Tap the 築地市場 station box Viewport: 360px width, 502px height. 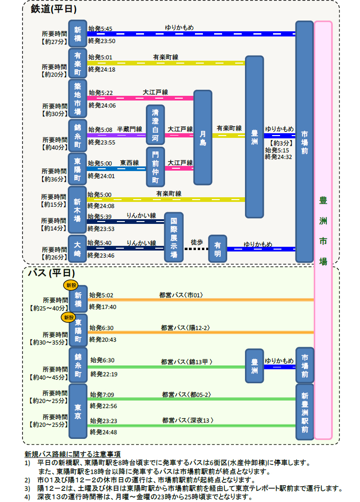click(x=78, y=99)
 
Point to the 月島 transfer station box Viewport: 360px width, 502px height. click(x=202, y=137)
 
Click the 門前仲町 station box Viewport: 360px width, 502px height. click(x=155, y=167)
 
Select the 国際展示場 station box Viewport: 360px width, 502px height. click(x=173, y=237)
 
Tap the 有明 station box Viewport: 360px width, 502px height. click(x=217, y=249)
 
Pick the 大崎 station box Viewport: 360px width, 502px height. click(x=78, y=249)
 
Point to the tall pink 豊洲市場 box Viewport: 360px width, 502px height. click(x=323, y=230)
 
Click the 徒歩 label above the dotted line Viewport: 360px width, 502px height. click(x=197, y=243)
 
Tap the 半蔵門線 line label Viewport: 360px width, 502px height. click(x=130, y=129)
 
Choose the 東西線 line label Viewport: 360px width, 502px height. click(x=130, y=163)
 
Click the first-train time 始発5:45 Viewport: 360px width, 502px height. click(x=100, y=29)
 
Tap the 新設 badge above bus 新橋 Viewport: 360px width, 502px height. click(x=71, y=285)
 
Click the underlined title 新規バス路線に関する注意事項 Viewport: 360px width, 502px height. click(x=72, y=454)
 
